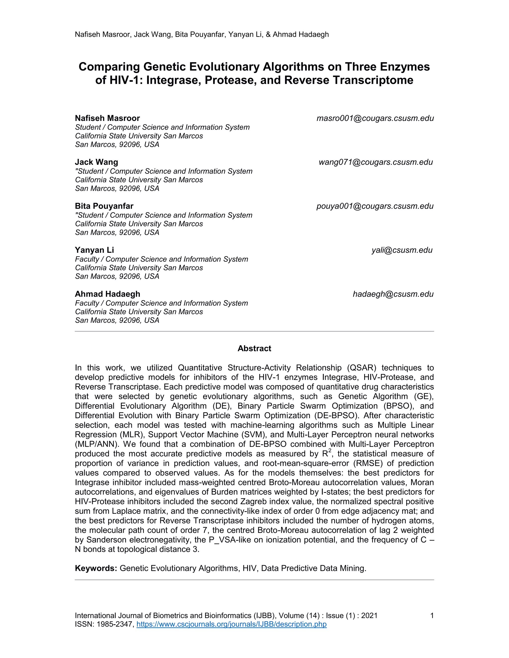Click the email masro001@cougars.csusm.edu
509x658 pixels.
(375, 118)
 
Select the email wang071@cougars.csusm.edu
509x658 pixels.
(376, 162)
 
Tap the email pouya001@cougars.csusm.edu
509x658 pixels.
(375, 206)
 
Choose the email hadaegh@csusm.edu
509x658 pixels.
(393, 294)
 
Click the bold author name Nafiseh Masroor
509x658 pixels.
(107, 118)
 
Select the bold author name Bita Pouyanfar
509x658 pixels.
(104, 206)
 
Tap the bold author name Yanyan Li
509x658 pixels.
(94, 250)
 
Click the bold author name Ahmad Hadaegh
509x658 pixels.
(108, 294)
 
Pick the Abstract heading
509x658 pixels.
(254, 349)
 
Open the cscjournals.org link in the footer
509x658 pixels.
(231, 624)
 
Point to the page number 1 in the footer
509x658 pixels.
(432, 616)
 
